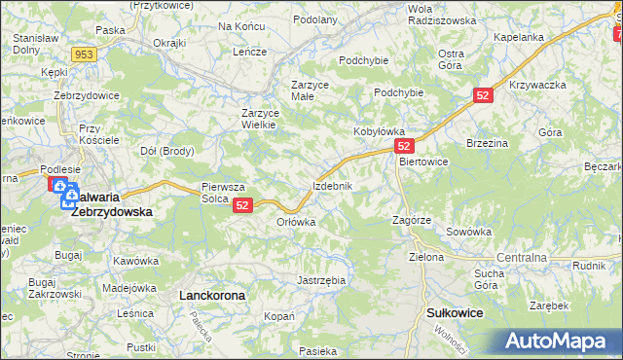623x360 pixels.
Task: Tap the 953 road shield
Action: tap(84, 54)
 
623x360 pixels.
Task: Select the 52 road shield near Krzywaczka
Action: tap(485, 94)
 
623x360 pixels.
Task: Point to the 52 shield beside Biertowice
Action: tap(406, 145)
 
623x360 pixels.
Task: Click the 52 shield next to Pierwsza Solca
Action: tap(243, 204)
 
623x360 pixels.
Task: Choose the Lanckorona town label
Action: tap(211, 293)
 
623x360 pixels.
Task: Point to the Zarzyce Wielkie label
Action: tap(261, 119)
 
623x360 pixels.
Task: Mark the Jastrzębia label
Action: tap(321, 280)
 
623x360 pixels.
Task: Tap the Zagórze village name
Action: tap(411, 221)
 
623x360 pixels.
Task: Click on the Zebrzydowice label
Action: tap(86, 95)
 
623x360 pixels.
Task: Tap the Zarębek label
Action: tap(550, 305)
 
